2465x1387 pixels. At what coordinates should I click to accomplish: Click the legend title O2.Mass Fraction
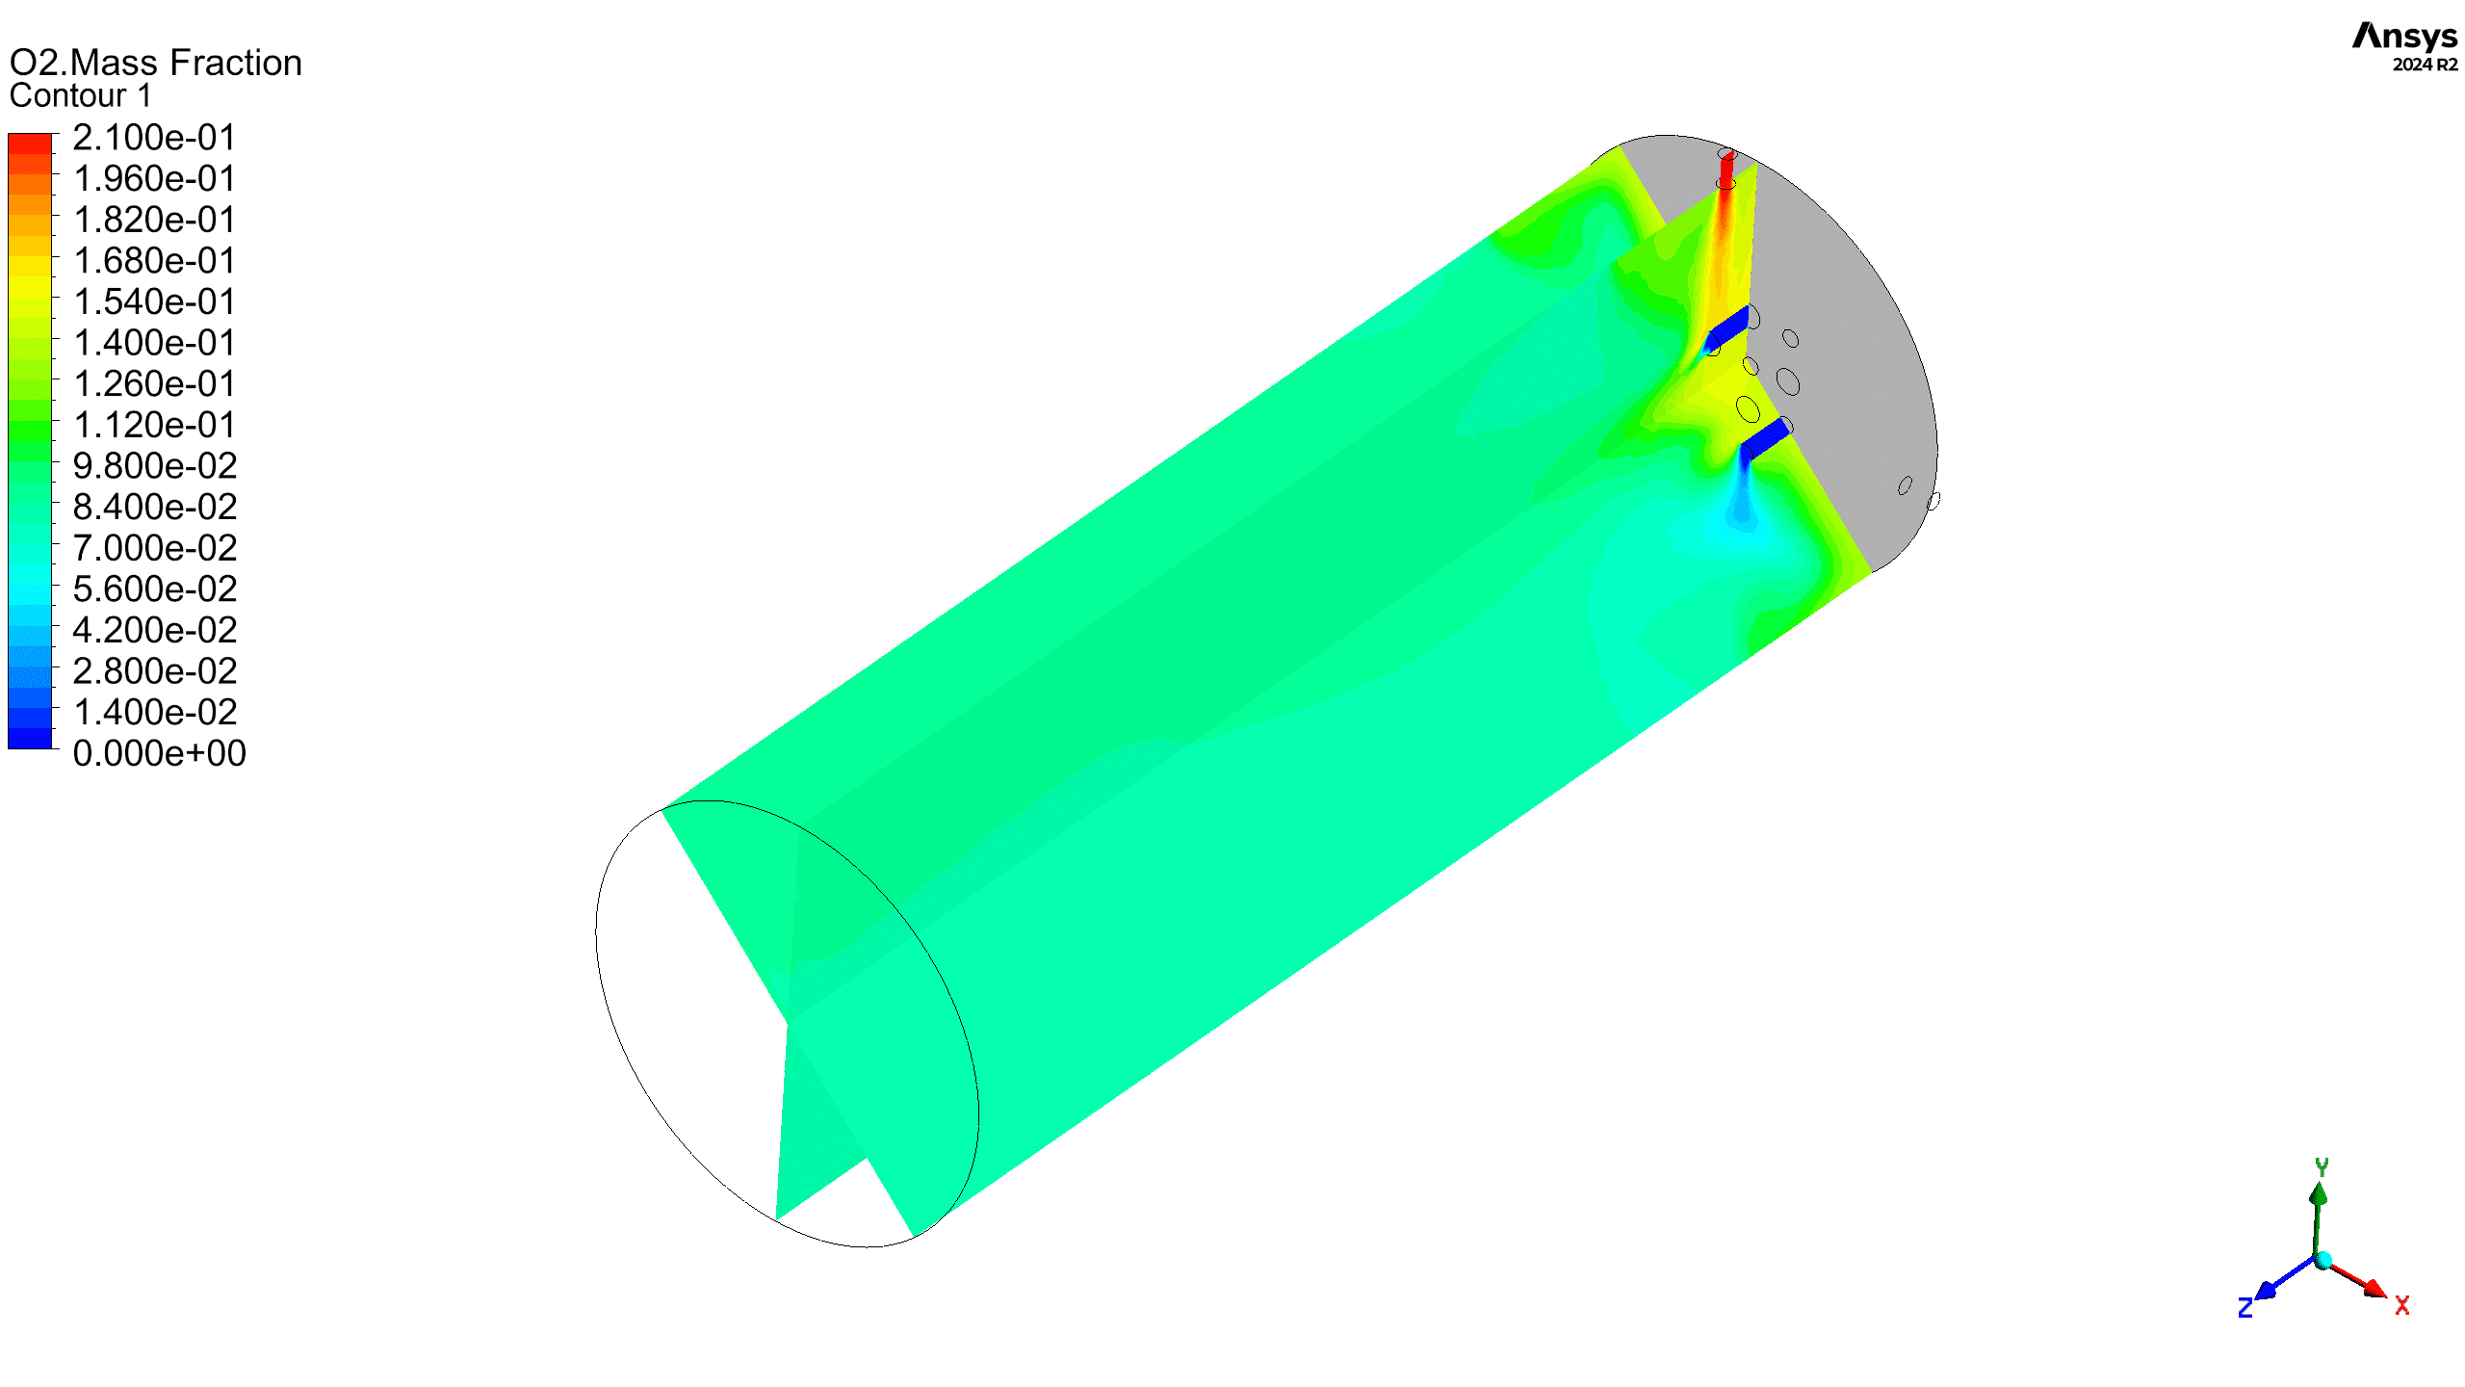155,63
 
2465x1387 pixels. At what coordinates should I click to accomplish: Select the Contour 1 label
81,96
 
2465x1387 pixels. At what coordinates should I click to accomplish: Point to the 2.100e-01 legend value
154,138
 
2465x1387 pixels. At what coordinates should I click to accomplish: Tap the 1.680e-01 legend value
154,261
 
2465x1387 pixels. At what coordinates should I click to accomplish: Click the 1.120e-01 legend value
154,425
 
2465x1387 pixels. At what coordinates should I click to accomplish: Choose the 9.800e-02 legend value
154,466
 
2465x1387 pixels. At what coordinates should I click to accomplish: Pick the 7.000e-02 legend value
154,548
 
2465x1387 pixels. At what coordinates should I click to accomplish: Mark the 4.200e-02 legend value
154,630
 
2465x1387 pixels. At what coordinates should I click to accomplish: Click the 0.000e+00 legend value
159,753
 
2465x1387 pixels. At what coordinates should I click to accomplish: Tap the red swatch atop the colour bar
30,144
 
